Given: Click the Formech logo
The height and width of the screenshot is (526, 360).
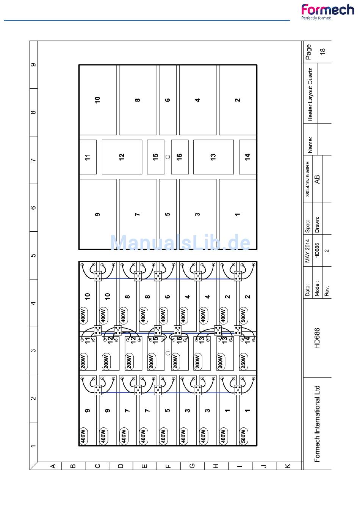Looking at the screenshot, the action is [x=328, y=12].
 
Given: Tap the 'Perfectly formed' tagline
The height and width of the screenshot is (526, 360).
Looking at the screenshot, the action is [x=316, y=18].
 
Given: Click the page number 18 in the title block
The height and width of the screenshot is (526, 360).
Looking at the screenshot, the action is [x=323, y=52].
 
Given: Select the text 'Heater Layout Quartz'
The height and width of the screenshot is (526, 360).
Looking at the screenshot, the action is [x=310, y=95].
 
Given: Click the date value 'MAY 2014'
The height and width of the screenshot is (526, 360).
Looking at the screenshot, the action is [x=307, y=251].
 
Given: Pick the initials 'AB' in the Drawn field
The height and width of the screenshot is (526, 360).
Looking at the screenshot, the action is [x=317, y=179].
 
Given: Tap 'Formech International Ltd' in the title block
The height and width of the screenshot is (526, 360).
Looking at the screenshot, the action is [x=317, y=424].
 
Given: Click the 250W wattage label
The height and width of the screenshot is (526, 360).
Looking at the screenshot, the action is [x=243, y=361].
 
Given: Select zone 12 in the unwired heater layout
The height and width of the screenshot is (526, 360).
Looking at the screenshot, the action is [x=122, y=157].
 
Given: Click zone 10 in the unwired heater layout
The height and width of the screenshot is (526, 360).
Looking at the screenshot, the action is [x=98, y=100].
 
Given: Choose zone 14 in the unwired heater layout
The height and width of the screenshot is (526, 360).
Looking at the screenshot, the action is [x=247, y=157].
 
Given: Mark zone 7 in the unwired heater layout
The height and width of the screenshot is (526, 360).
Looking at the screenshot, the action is [x=138, y=214].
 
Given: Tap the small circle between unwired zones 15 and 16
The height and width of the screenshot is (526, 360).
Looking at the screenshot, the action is [x=168, y=157].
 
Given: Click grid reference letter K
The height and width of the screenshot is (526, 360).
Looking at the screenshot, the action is [x=288, y=466].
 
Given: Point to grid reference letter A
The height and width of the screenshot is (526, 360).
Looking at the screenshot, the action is [x=53, y=466].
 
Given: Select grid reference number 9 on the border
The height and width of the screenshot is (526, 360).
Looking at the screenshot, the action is [x=34, y=64].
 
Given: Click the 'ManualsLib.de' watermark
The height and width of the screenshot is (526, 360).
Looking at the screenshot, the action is [x=180, y=242].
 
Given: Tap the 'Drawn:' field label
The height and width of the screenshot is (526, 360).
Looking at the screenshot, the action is [x=317, y=225].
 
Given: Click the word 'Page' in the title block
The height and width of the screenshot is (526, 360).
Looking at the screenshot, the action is [x=308, y=52].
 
